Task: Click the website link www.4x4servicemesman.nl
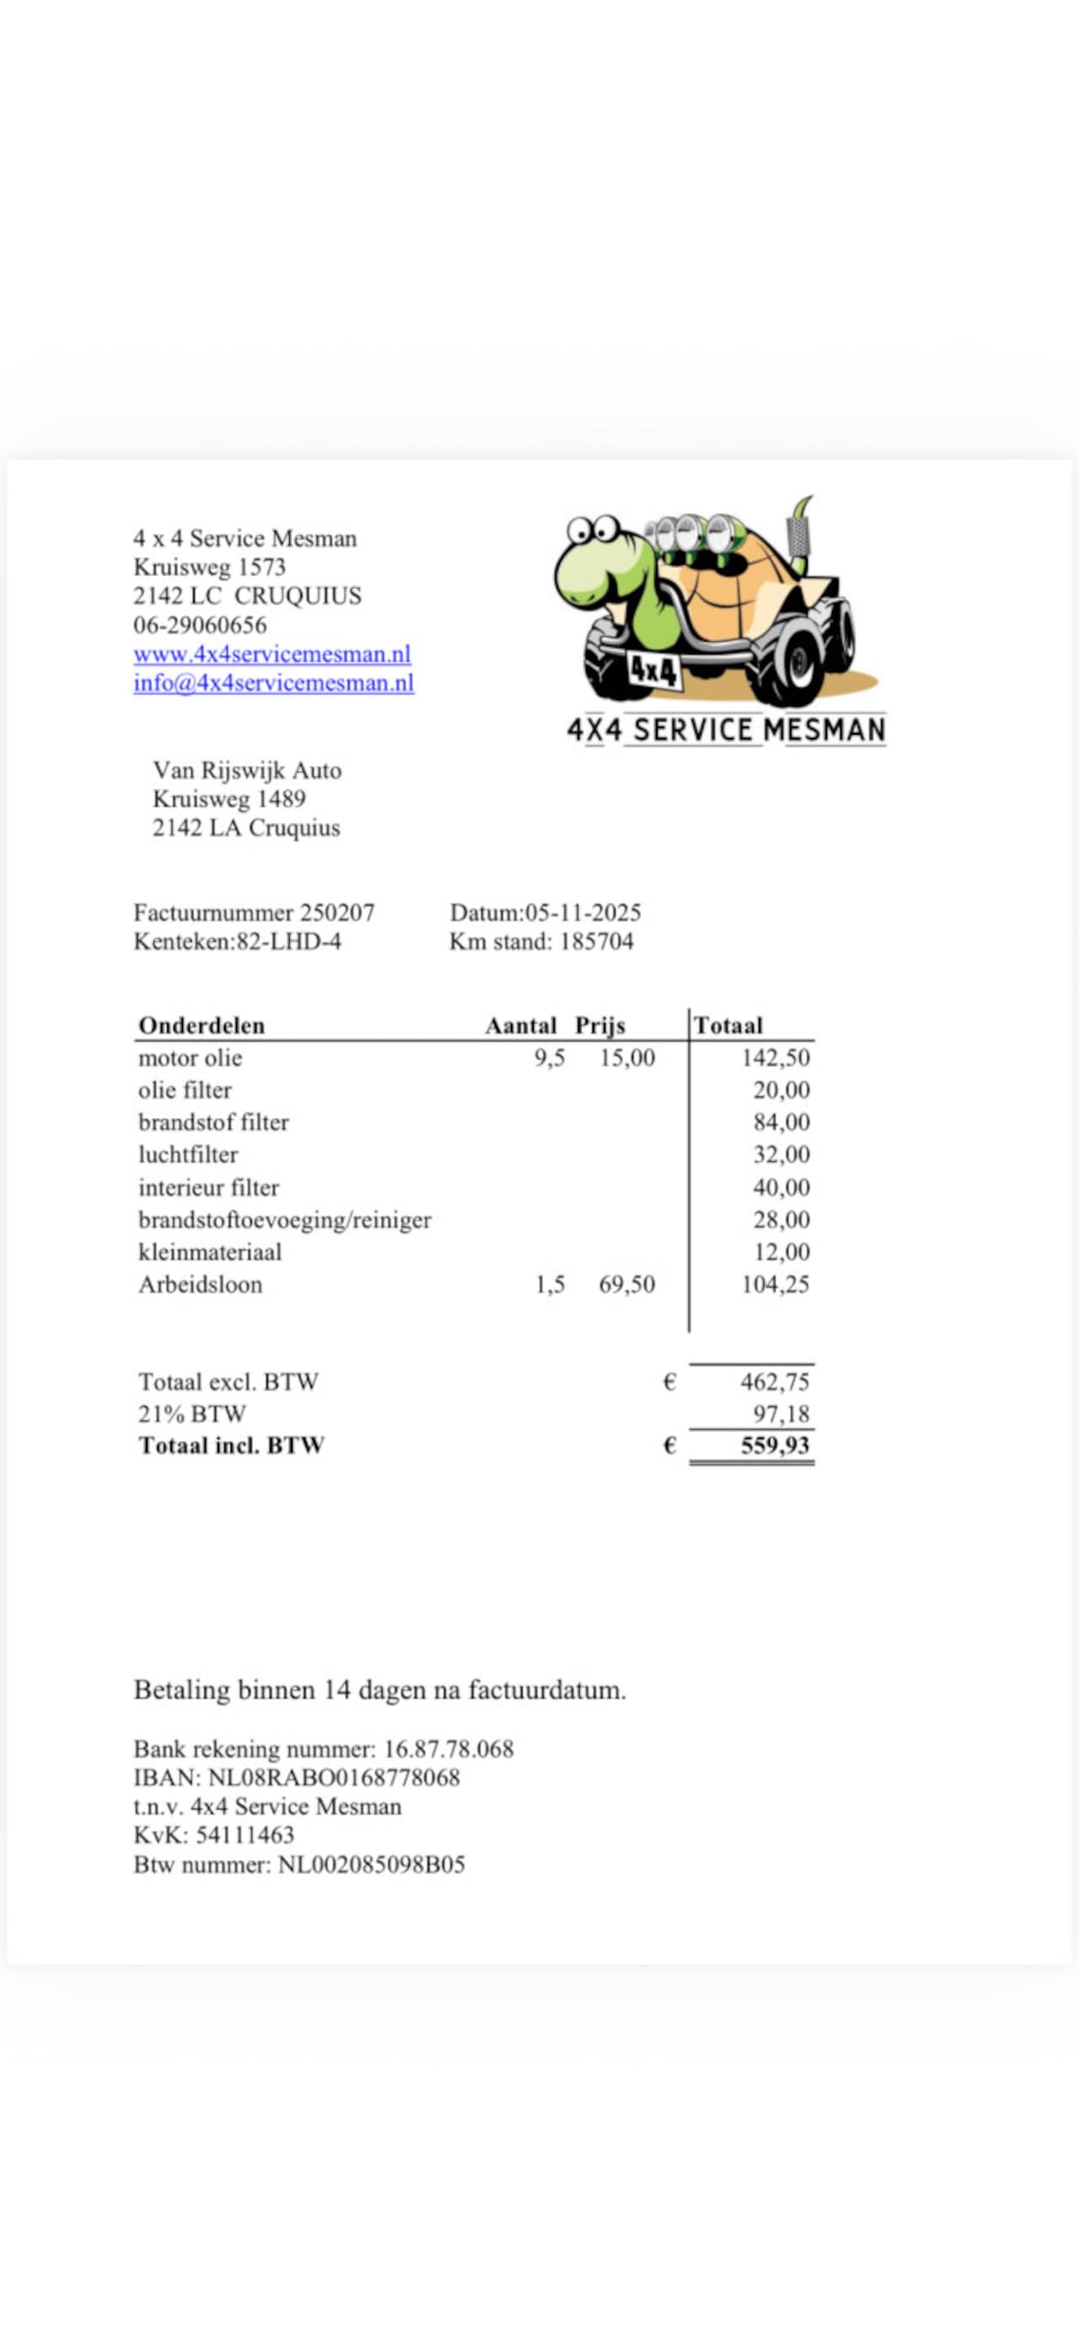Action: point(271,654)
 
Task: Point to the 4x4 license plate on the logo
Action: point(653,670)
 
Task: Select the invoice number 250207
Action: point(337,913)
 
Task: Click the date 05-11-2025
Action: point(582,913)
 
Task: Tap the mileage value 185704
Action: point(596,941)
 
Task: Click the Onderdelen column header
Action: point(201,1026)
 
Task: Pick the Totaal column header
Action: point(727,1026)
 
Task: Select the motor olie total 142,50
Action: point(775,1058)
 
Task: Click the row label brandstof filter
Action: point(213,1122)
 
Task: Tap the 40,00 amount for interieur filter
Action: point(781,1187)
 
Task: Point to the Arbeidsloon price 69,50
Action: point(626,1284)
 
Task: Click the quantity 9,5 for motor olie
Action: point(550,1058)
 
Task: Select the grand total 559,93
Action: point(775,1445)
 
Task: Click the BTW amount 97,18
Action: point(781,1414)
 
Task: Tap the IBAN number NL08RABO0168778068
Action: point(334,1777)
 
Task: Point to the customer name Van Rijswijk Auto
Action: point(247,770)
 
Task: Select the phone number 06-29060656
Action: point(200,625)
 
